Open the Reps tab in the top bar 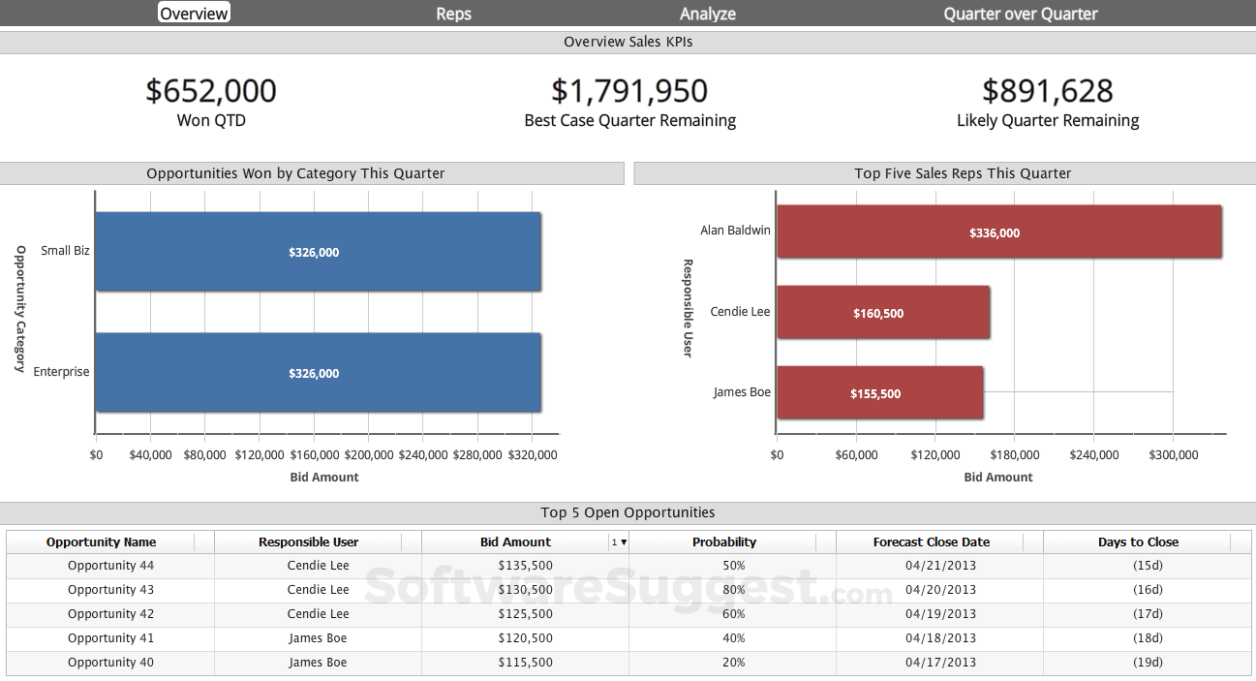[453, 14]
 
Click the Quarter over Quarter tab [1021, 14]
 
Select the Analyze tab [708, 14]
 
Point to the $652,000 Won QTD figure [211, 91]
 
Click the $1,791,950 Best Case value [629, 91]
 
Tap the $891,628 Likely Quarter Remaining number [1048, 91]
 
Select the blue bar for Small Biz [318, 252]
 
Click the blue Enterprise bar [318, 373]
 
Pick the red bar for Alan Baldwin [998, 232]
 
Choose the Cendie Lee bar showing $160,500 [882, 313]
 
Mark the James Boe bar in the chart [879, 393]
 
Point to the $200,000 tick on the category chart [369, 455]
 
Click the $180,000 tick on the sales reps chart [1015, 455]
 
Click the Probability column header [724, 542]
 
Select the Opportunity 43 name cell [110, 590]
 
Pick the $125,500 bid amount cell [525, 614]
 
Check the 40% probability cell [733, 638]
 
